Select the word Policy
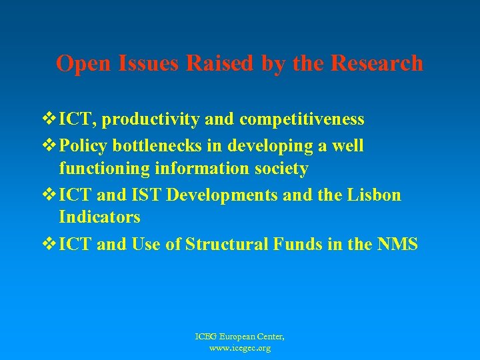(x=83, y=145)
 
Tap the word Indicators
(x=99, y=217)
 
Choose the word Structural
(x=228, y=245)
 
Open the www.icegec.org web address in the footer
(x=239, y=348)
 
